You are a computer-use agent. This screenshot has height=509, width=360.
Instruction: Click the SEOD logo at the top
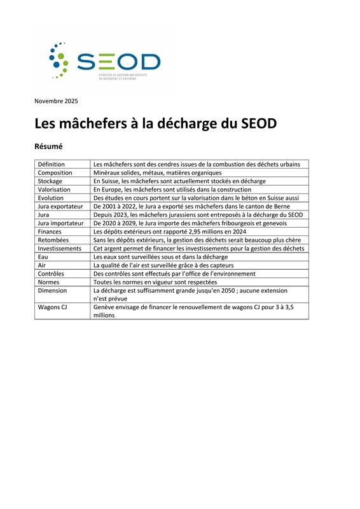pos(106,61)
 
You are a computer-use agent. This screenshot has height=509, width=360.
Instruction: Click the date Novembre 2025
pos(56,101)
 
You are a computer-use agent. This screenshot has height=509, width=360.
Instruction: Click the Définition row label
pos(52,164)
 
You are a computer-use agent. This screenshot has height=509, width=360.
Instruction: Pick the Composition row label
pos(55,172)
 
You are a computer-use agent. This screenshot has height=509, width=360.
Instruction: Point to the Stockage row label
pos(50,181)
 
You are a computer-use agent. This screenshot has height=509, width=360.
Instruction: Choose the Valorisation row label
pos(54,190)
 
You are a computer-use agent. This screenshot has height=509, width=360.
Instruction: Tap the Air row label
pos(42,265)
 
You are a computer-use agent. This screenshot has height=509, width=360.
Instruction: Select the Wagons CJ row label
pos(53,307)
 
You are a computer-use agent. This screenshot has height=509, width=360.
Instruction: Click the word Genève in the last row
pos(105,307)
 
